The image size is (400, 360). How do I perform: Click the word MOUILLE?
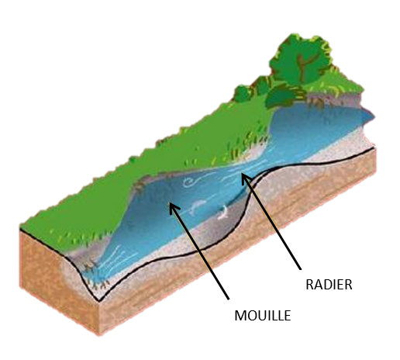pyautogui.click(x=263, y=316)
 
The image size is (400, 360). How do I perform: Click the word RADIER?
pyautogui.click(x=329, y=285)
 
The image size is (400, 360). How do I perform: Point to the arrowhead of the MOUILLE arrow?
pyautogui.click(x=173, y=208)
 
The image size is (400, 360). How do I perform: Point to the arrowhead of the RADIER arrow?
pyautogui.click(x=245, y=178)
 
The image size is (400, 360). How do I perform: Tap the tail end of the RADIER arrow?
pyautogui.click(x=301, y=269)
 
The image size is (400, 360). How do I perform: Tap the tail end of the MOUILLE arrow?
pyautogui.click(x=229, y=299)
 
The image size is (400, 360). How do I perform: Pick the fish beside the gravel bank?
pyautogui.click(x=222, y=213)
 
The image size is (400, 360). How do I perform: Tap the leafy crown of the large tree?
pyautogui.click(x=301, y=60)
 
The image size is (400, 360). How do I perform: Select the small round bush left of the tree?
pyautogui.click(x=242, y=94)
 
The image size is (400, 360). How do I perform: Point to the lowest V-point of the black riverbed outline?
pyautogui.click(x=98, y=301)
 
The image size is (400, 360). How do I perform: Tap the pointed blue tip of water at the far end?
pyautogui.click(x=371, y=117)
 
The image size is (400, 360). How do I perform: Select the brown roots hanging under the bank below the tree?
pyautogui.click(x=316, y=103)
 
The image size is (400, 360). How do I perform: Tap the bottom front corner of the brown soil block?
pyautogui.click(x=99, y=335)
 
